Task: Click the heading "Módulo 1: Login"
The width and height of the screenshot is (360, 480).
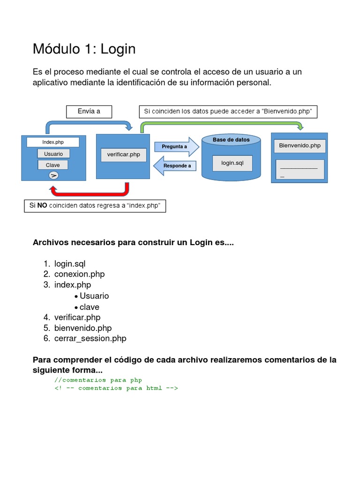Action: coord(84,49)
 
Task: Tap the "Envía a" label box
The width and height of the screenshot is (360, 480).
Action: coord(89,111)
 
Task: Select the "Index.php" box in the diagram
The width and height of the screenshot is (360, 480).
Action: coord(53,142)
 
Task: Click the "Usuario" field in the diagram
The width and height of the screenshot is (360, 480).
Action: coord(53,154)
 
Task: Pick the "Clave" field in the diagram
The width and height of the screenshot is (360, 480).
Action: coord(52,165)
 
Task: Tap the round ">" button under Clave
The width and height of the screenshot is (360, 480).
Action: coord(53,175)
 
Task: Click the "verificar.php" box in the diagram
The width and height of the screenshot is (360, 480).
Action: coord(123,155)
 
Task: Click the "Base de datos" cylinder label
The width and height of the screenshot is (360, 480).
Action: coord(231,140)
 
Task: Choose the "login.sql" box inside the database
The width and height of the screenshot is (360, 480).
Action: coord(232,163)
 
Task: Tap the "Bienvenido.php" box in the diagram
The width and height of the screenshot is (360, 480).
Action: coord(300,146)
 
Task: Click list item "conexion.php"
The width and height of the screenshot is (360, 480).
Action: coord(79,274)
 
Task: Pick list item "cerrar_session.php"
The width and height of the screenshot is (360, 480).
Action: coord(90,338)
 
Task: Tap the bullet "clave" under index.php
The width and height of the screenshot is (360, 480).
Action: coord(89,307)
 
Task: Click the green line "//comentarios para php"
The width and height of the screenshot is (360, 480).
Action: coord(98,380)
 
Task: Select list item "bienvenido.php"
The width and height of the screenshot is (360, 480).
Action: coord(82,328)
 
